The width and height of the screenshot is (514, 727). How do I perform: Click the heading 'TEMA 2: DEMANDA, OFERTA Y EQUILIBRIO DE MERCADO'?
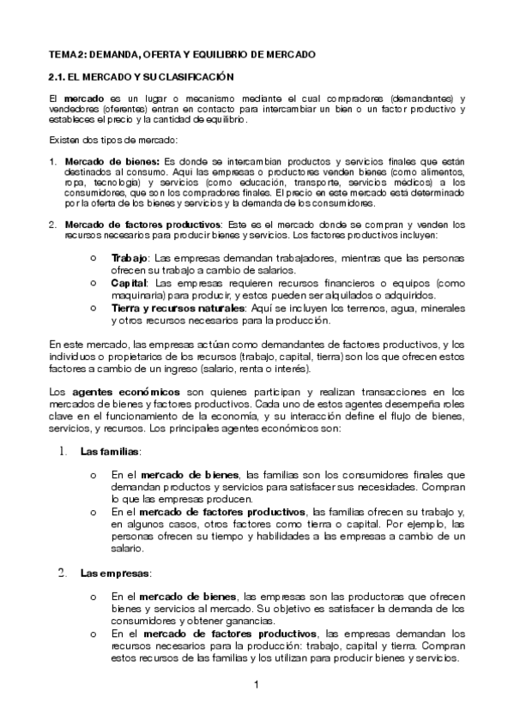182,54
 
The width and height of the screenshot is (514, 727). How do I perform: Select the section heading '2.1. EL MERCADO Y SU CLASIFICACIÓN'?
136,76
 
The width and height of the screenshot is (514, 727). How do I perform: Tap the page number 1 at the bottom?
257,684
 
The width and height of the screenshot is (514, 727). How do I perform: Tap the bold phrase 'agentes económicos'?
112,392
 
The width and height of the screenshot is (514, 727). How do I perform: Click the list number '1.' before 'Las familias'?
63,450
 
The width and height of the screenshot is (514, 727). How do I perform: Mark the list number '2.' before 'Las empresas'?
63,572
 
